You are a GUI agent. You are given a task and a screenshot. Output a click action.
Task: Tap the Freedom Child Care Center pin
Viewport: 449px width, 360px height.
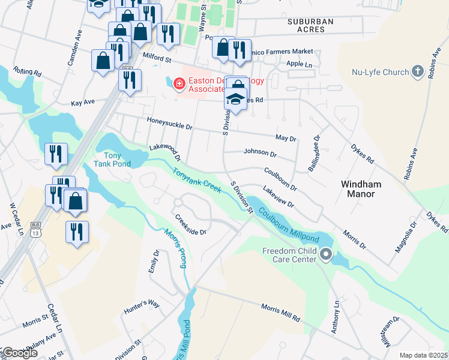(326, 255)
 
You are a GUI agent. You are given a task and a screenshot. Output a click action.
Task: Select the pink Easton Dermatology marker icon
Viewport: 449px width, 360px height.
(178, 83)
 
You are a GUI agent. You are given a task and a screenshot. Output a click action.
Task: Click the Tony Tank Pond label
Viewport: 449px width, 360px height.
(112, 159)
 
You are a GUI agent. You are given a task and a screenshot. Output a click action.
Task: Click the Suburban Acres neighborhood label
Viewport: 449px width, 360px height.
(310, 25)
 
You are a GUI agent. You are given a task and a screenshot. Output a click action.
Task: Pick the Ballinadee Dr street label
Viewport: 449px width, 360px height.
(315, 152)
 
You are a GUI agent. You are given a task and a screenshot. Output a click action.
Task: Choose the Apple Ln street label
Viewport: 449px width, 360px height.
(300, 64)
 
